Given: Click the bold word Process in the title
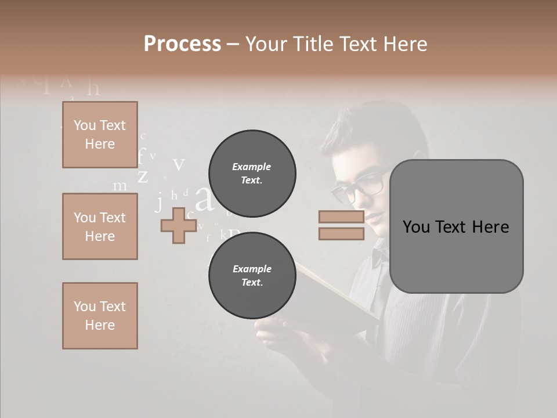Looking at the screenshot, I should (x=182, y=44).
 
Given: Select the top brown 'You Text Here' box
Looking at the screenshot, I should (x=100, y=135).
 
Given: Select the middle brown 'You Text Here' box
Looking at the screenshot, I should (x=100, y=226).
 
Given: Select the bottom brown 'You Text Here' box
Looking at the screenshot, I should (x=100, y=315).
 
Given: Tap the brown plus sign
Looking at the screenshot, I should (x=178, y=225).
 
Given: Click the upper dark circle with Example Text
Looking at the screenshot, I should (x=252, y=173).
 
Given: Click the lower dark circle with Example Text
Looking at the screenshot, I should (x=252, y=275).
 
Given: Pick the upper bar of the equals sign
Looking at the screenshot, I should (x=341, y=217).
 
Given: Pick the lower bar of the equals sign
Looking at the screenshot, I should (x=341, y=233).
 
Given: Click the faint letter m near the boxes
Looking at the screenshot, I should (x=120, y=186).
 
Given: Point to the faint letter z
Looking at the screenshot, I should (x=143, y=175).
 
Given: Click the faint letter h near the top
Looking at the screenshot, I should (x=93, y=88).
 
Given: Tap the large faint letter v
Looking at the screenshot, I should (x=179, y=164).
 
